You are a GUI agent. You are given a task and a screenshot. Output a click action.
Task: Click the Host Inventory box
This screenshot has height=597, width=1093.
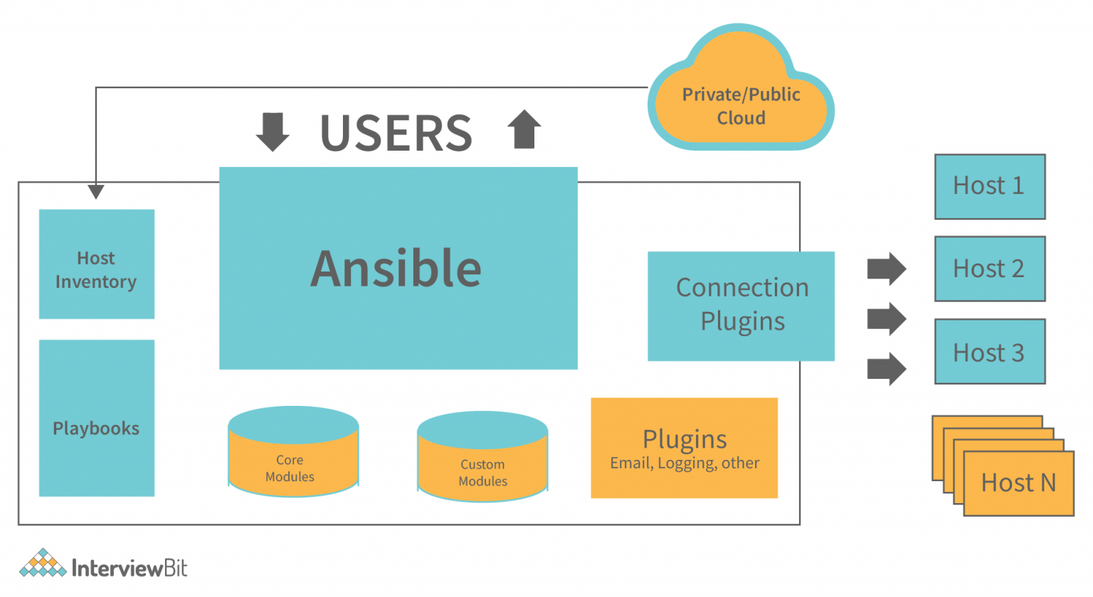pos(97,264)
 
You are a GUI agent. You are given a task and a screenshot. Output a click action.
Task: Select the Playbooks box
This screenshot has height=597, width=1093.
pos(97,418)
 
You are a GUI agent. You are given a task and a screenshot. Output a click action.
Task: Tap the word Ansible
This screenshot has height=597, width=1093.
pos(396,269)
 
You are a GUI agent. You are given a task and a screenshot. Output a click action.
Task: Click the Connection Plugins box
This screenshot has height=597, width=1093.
pos(741,306)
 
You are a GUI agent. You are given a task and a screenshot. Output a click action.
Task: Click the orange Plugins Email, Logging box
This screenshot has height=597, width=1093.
pos(684,448)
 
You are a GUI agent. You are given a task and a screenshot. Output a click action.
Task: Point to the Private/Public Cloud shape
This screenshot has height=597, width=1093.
pos(741,105)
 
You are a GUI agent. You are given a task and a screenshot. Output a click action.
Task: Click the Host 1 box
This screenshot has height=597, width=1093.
pos(989,186)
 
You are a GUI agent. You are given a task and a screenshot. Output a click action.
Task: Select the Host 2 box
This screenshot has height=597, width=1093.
pos(989,269)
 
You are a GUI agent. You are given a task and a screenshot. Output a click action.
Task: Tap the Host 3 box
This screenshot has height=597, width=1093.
pos(989,352)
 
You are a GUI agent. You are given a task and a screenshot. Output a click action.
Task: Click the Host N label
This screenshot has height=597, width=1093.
pos(1018,483)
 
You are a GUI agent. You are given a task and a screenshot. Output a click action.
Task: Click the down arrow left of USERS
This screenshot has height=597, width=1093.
pos(273,131)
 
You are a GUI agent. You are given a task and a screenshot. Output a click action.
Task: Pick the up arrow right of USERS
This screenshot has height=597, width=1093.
pos(524,129)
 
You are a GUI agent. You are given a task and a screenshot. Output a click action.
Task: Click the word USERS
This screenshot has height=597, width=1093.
pos(396,133)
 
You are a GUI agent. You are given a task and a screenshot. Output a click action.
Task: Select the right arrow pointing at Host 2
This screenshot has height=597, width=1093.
pos(887,269)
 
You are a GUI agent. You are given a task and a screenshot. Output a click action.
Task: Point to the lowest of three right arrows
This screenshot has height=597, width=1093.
pos(887,369)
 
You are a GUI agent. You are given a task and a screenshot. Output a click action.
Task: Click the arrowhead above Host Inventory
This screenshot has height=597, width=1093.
pos(96,191)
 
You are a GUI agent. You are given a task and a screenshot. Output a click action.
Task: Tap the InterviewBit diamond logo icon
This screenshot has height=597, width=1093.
pos(43,564)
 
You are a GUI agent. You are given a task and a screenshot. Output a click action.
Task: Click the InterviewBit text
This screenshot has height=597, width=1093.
pos(130,568)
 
